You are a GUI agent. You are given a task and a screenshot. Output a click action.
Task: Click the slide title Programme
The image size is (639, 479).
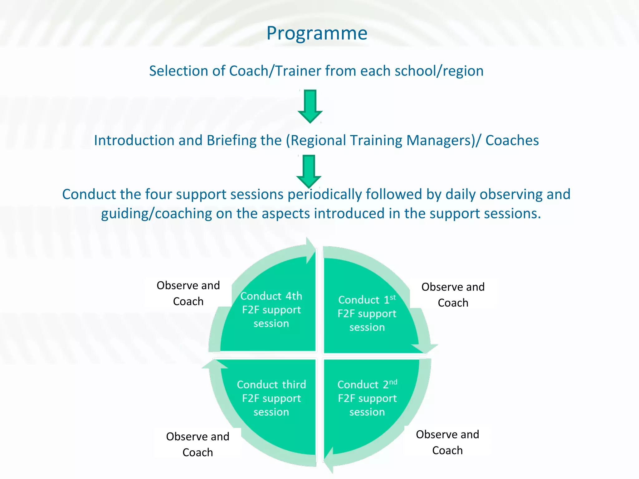[x=317, y=33]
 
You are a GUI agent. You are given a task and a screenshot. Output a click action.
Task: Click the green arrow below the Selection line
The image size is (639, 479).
[x=310, y=106]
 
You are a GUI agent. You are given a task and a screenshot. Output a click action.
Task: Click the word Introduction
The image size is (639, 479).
[x=134, y=141]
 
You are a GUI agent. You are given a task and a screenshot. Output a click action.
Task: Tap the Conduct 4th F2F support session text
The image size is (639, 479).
[x=271, y=310]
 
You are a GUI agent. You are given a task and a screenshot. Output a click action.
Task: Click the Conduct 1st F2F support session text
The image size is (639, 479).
[x=367, y=313]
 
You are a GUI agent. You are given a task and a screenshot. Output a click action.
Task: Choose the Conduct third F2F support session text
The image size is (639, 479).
[x=271, y=398]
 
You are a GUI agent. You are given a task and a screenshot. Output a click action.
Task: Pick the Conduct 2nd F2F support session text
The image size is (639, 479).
[x=367, y=398]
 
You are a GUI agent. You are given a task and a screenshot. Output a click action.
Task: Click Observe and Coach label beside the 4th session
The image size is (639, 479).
[x=188, y=293]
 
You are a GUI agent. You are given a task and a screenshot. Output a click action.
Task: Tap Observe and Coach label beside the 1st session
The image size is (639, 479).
[x=453, y=295]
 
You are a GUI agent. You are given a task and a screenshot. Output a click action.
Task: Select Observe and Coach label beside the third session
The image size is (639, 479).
[x=198, y=444]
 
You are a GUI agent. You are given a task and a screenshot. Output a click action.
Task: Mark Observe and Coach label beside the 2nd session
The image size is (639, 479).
[x=447, y=442]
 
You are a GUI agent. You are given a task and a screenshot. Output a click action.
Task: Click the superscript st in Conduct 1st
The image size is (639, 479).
[x=393, y=297]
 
